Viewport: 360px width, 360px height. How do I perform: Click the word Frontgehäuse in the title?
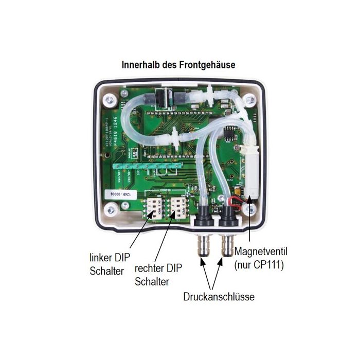click(208, 65)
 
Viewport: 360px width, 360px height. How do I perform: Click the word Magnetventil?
click(260, 253)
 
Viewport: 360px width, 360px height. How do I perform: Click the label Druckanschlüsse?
click(219, 297)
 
